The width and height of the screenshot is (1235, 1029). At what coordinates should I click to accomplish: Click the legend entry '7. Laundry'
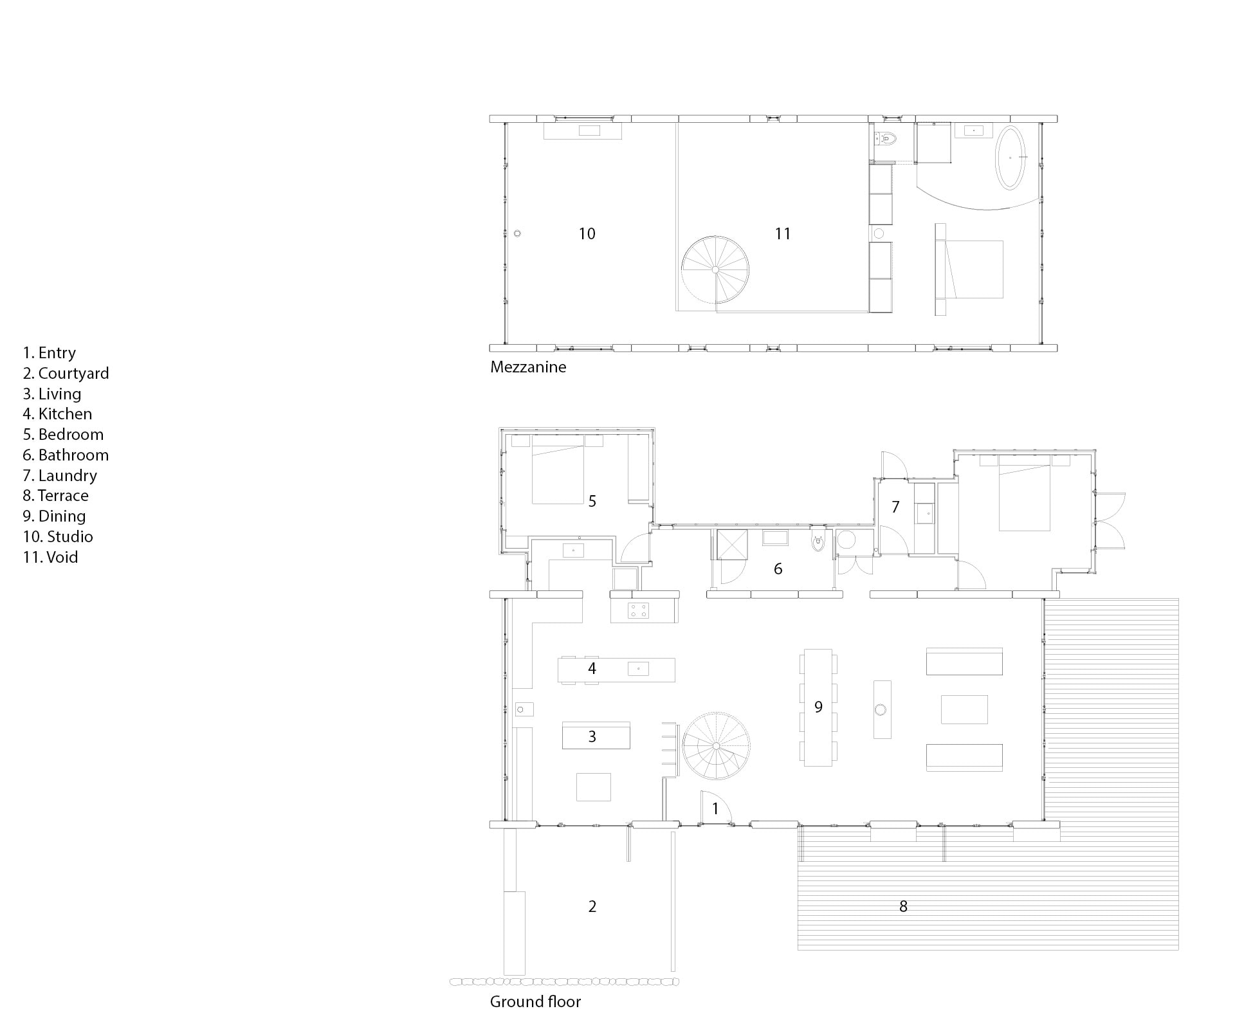click(x=60, y=475)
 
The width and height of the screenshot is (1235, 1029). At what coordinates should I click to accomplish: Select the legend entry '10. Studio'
click(x=58, y=536)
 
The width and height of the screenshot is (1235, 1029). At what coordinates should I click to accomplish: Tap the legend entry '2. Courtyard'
click(x=66, y=373)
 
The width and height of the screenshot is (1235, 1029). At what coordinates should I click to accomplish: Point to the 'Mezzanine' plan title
click(x=528, y=367)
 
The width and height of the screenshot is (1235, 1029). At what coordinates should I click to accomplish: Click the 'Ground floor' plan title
click(x=535, y=1001)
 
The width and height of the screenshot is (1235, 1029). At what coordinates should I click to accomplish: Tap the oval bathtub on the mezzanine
click(x=1012, y=158)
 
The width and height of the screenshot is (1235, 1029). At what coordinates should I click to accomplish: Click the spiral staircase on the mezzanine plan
click(x=715, y=269)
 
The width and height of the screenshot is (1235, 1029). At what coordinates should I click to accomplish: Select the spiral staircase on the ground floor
click(x=716, y=746)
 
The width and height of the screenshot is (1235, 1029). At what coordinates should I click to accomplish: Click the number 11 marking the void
click(x=782, y=233)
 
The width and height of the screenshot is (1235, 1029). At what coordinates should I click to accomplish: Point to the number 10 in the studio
click(x=587, y=233)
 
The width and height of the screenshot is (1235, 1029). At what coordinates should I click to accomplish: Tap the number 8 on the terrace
click(x=903, y=906)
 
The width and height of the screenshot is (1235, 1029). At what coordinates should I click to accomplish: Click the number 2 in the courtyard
click(x=592, y=906)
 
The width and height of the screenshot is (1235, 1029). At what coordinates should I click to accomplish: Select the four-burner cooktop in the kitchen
click(x=639, y=610)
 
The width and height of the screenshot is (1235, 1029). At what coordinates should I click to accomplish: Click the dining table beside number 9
click(x=818, y=707)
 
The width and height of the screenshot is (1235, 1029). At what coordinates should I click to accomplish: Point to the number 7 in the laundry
click(x=895, y=507)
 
